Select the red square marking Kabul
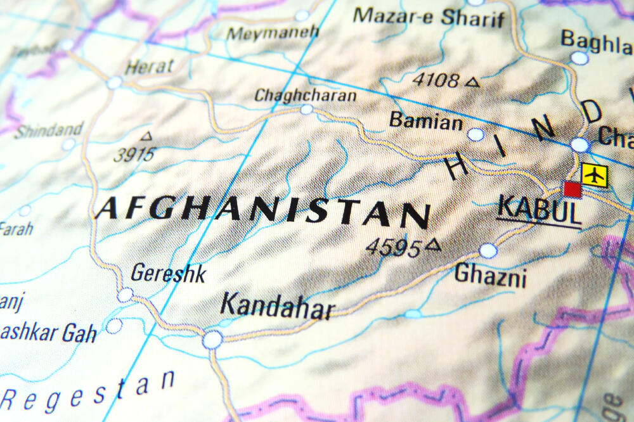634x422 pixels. click(573, 189)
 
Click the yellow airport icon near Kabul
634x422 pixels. click(594, 175)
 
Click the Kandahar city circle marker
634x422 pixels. click(212, 340)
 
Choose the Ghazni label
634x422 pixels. click(490, 276)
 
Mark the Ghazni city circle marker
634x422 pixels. click(488, 251)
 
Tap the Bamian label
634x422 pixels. click(425, 120)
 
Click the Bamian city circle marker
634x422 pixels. click(475, 134)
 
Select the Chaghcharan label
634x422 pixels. click(305, 96)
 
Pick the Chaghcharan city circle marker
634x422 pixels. click(307, 110)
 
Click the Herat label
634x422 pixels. click(150, 67)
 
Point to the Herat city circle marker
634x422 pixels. click(114, 82)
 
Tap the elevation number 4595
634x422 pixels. click(394, 248)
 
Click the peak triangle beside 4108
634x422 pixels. click(472, 82)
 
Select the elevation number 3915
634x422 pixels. click(134, 154)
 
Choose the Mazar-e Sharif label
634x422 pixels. click(429, 16)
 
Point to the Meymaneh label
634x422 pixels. click(272, 32)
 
